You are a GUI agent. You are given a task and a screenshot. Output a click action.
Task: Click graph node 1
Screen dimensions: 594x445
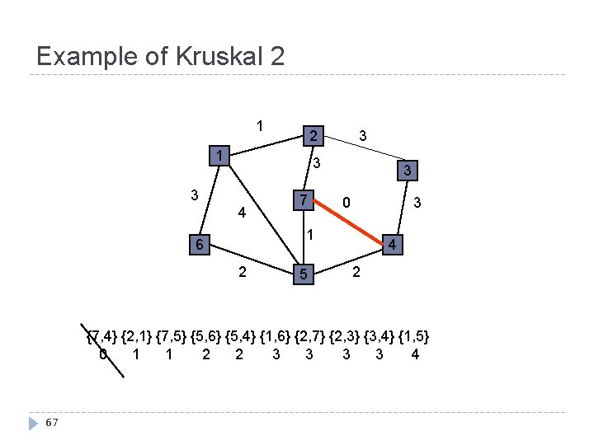[x=219, y=156]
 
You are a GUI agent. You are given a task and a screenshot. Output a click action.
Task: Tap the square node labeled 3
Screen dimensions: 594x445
[x=404, y=171]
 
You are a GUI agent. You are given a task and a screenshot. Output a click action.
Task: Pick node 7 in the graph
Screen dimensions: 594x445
[x=304, y=200]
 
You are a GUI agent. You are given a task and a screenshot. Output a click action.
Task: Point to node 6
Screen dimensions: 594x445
[x=198, y=245]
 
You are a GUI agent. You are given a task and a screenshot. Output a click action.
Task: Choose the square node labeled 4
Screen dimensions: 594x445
[x=394, y=245]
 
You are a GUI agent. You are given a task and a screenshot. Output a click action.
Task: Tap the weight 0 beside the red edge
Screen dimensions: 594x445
[x=347, y=202]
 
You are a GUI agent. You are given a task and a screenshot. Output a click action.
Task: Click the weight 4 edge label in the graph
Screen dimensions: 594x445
[x=241, y=213]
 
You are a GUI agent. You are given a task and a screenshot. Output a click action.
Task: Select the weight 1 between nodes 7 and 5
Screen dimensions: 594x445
[x=309, y=235]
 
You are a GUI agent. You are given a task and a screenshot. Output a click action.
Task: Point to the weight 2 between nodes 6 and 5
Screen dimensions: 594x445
[x=241, y=272]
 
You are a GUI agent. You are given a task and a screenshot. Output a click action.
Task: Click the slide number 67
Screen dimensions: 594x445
[x=51, y=423]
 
